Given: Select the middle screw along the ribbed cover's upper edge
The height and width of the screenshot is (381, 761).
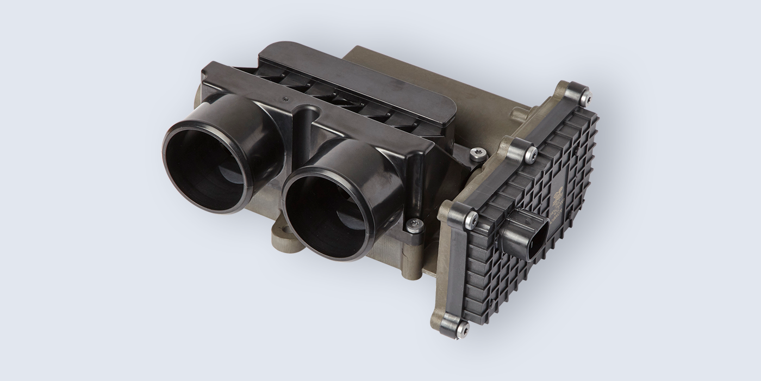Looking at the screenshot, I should tap(531, 155).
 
